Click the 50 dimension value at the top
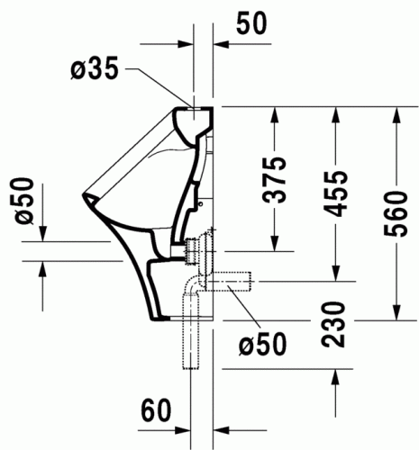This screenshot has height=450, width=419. coord(253,23)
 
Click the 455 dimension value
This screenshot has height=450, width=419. coord(335,192)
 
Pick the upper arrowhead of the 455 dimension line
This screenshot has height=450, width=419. coord(335,112)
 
